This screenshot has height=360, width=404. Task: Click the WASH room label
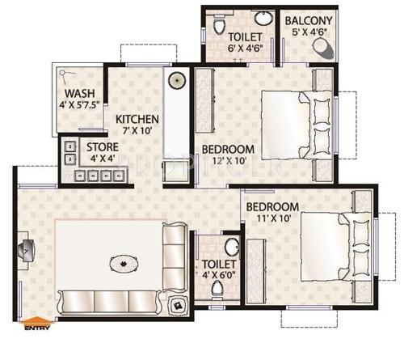pyautogui.click(x=81, y=93)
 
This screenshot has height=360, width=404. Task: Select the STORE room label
pyautogui.click(x=103, y=146)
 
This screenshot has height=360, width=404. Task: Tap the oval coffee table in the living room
pyautogui.click(x=122, y=264)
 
